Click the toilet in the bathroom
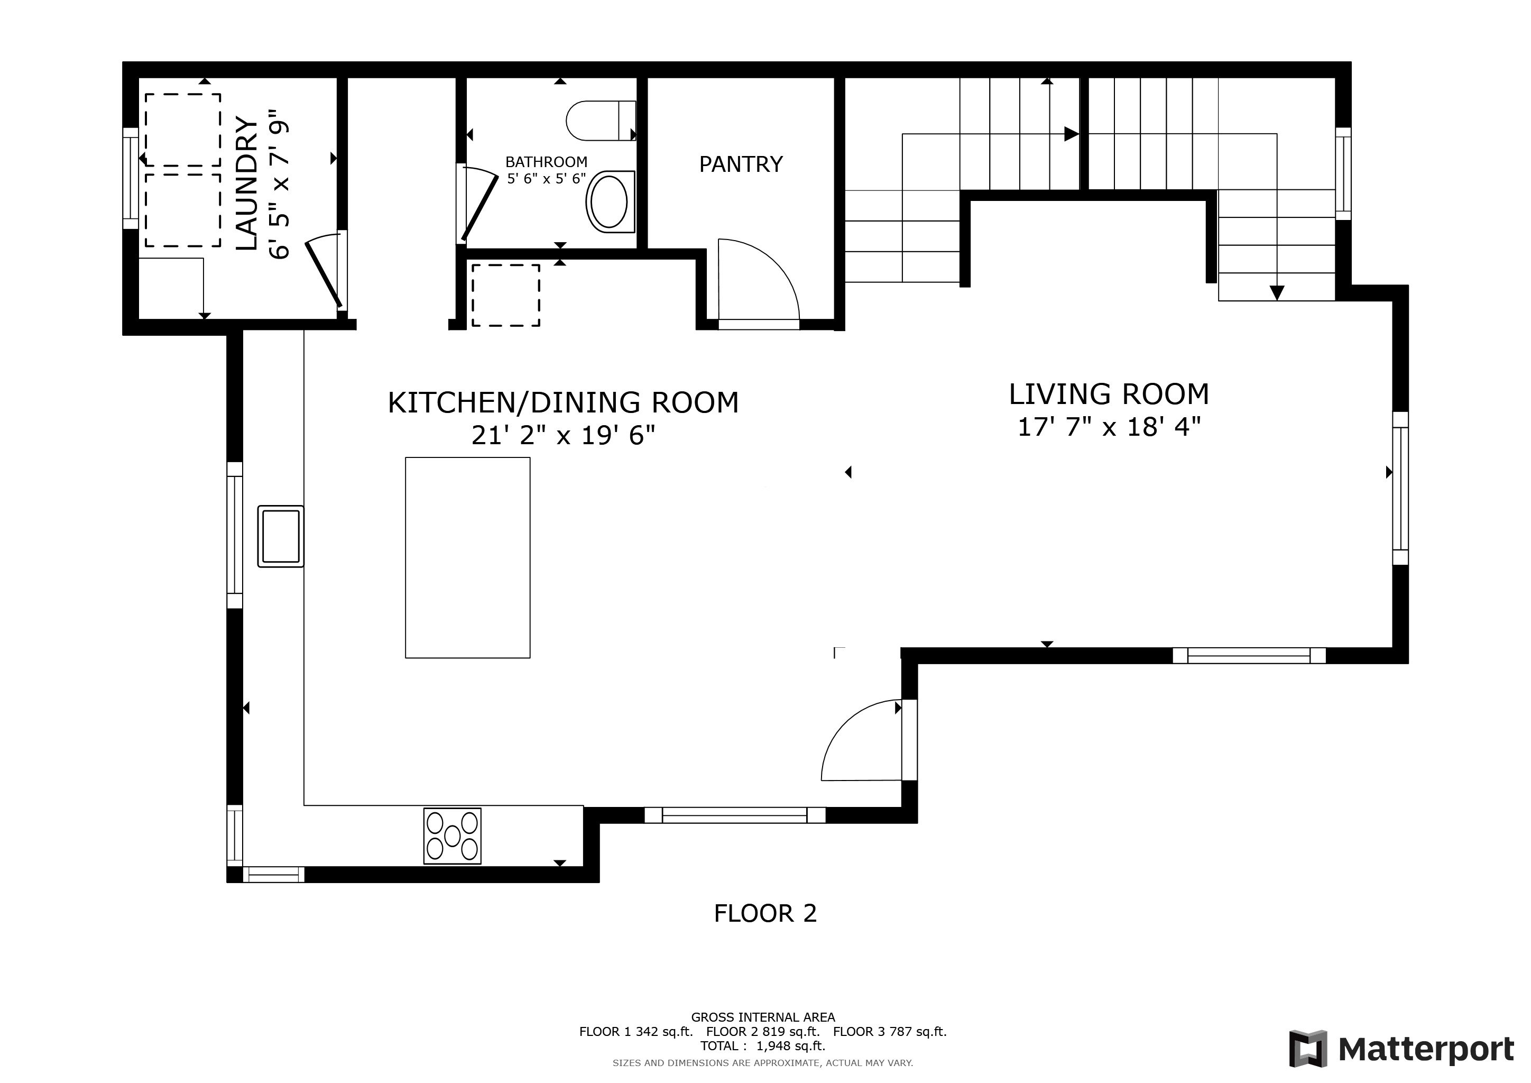(601, 121)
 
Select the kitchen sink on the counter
(281, 536)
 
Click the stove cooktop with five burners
(452, 836)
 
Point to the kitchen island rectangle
(467, 557)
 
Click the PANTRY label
(741, 164)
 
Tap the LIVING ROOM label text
(1109, 394)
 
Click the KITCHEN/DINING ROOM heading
(564, 403)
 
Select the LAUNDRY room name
(247, 184)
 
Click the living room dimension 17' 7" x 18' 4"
(1109, 427)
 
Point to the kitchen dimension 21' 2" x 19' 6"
(564, 435)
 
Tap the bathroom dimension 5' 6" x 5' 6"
(547, 179)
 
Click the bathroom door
(479, 207)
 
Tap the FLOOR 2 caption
(766, 913)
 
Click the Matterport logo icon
(1309, 1049)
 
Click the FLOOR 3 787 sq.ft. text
(890, 1032)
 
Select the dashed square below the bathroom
(506, 295)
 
